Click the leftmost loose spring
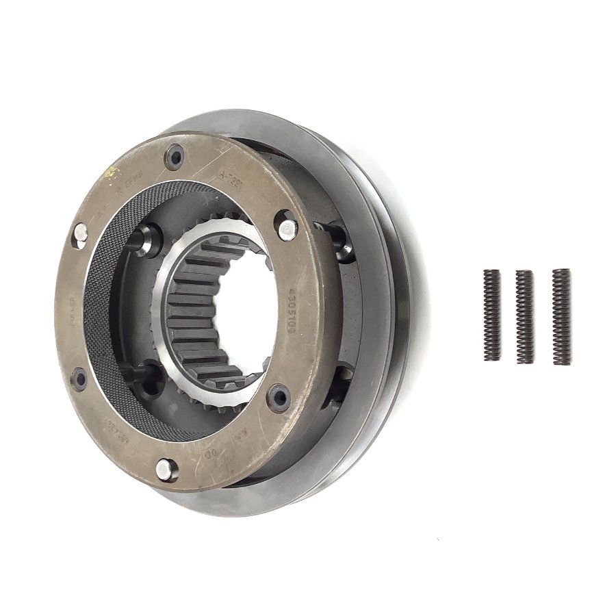click(x=491, y=315)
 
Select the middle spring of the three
click(x=524, y=316)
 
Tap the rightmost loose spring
click(x=561, y=314)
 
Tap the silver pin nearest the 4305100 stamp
click(x=288, y=223)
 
